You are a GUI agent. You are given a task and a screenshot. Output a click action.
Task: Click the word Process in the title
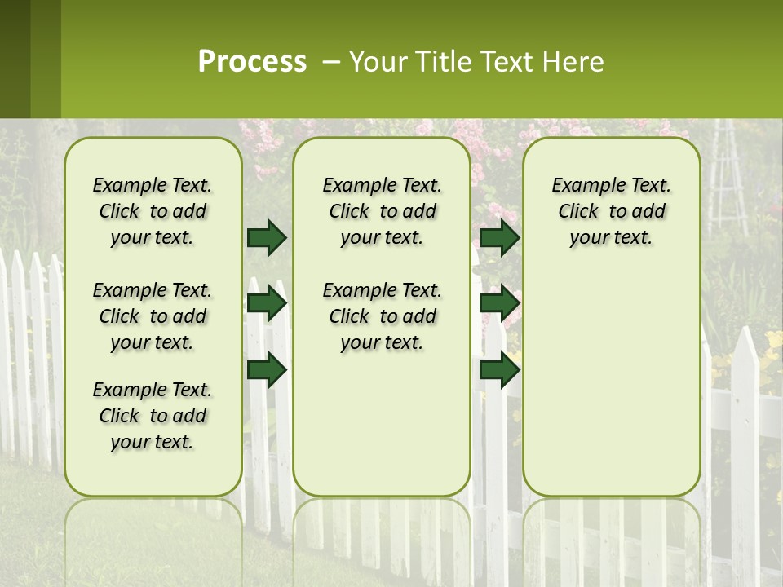coord(252,62)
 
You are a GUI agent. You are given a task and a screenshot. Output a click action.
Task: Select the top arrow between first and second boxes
coord(267,237)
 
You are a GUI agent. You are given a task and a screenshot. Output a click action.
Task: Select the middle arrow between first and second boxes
coord(267,303)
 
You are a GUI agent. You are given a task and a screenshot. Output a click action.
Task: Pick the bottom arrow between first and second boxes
coord(267,370)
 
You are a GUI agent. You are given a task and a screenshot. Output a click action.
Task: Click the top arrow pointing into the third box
coord(499,237)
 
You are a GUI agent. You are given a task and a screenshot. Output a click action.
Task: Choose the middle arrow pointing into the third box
coord(499,303)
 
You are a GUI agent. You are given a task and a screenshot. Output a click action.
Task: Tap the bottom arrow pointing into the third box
coord(499,370)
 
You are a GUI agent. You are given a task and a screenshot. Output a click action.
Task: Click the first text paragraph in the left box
coord(153,211)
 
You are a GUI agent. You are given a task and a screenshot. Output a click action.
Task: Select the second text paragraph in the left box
coord(153,316)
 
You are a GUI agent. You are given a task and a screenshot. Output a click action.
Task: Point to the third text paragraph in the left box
coord(153,416)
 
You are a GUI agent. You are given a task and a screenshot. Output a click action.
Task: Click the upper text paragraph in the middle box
coord(382,211)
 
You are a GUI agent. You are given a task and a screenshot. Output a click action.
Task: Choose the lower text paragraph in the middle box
coord(382,316)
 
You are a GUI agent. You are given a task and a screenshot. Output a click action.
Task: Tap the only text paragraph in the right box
coord(611,211)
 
